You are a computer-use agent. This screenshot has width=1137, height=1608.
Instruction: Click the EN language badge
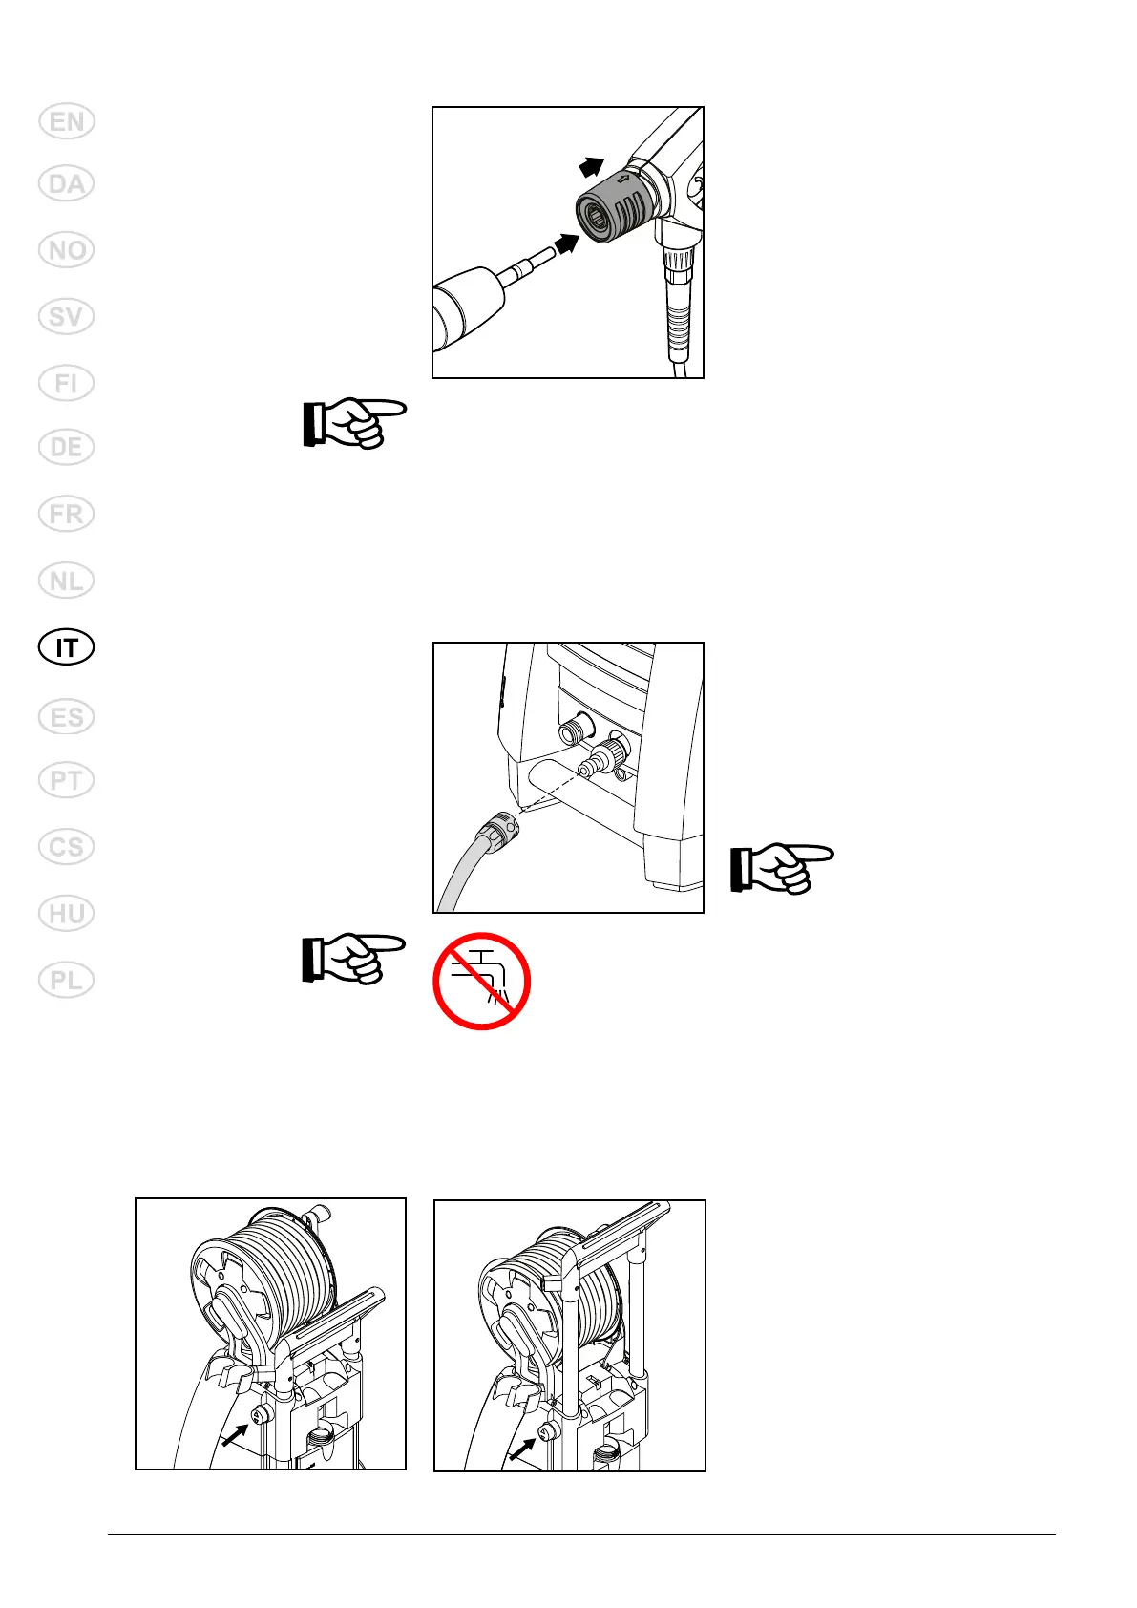pyautogui.click(x=67, y=122)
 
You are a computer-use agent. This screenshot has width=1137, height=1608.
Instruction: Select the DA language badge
pyautogui.click(x=67, y=183)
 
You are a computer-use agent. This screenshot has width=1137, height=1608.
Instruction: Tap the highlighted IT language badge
pyautogui.click(x=67, y=648)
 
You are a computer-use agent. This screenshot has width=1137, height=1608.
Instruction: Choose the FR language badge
pyautogui.click(x=67, y=515)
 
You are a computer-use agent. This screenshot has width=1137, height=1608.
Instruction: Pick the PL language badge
pyautogui.click(x=67, y=981)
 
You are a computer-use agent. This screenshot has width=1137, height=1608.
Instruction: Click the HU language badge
pyautogui.click(x=67, y=914)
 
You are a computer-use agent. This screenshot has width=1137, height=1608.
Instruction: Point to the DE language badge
pyautogui.click(x=67, y=448)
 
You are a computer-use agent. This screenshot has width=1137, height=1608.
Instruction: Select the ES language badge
pyautogui.click(x=67, y=717)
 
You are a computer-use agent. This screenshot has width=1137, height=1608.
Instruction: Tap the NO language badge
pyautogui.click(x=67, y=250)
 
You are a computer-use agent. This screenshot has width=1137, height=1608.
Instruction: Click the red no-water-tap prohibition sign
pyautogui.click(x=481, y=981)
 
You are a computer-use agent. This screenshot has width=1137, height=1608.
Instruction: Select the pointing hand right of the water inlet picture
pyautogui.click(x=782, y=868)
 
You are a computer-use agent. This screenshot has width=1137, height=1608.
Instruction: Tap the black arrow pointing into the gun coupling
pyautogui.click(x=566, y=244)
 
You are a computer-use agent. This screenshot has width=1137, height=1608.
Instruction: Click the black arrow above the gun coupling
pyautogui.click(x=592, y=168)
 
